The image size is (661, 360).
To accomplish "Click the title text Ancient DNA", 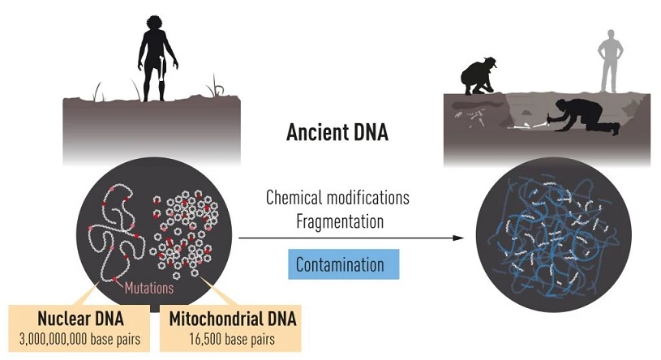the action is pos(337,132).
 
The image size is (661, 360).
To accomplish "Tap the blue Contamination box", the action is pos(344,264).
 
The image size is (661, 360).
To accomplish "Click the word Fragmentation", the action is pos(340,221).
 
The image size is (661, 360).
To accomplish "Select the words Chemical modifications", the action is pos(337,197).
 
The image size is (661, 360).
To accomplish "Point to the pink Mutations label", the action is pos(148,288).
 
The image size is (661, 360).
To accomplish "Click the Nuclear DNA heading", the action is pos(80,319).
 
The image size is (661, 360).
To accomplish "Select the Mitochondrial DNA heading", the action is pos(233,319).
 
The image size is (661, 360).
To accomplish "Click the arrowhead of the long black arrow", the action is pos(458,238).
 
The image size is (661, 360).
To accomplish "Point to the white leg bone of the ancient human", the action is pos(163,69).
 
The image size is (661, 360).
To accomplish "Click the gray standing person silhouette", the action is pos(610,61).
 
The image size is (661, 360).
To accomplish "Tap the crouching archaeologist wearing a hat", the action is pos(478,76).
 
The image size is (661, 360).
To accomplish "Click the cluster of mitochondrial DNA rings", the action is pos(184,229).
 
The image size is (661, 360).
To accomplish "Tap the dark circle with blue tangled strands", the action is pos(553,235).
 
